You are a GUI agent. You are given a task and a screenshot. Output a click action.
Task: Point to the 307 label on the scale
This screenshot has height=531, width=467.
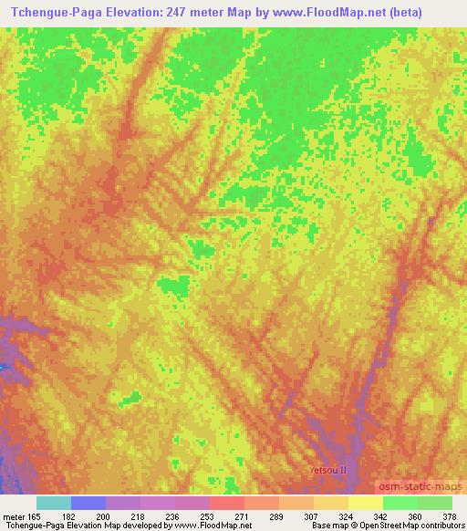click(310, 515)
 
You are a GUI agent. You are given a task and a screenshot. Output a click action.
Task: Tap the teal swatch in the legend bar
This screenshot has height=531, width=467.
click(54, 503)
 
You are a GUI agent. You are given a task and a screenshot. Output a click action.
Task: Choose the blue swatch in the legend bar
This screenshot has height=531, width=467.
click(88, 503)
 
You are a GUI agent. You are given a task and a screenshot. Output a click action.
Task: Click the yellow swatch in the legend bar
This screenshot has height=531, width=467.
click(366, 503)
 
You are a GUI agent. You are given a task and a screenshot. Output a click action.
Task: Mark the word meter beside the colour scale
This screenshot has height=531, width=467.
click(16, 515)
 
